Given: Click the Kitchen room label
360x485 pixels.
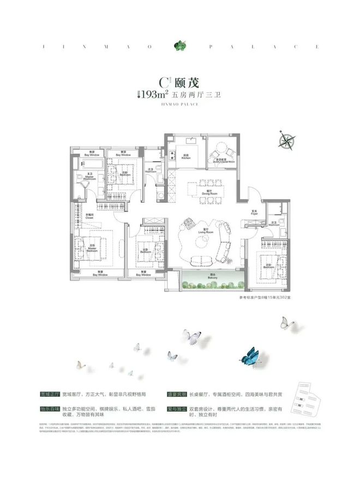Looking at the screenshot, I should click(187, 155).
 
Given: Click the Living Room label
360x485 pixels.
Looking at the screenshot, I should click(203, 232).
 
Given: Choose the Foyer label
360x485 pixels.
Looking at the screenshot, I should click(254, 213).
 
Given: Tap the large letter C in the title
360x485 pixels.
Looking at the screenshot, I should click(162, 82).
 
